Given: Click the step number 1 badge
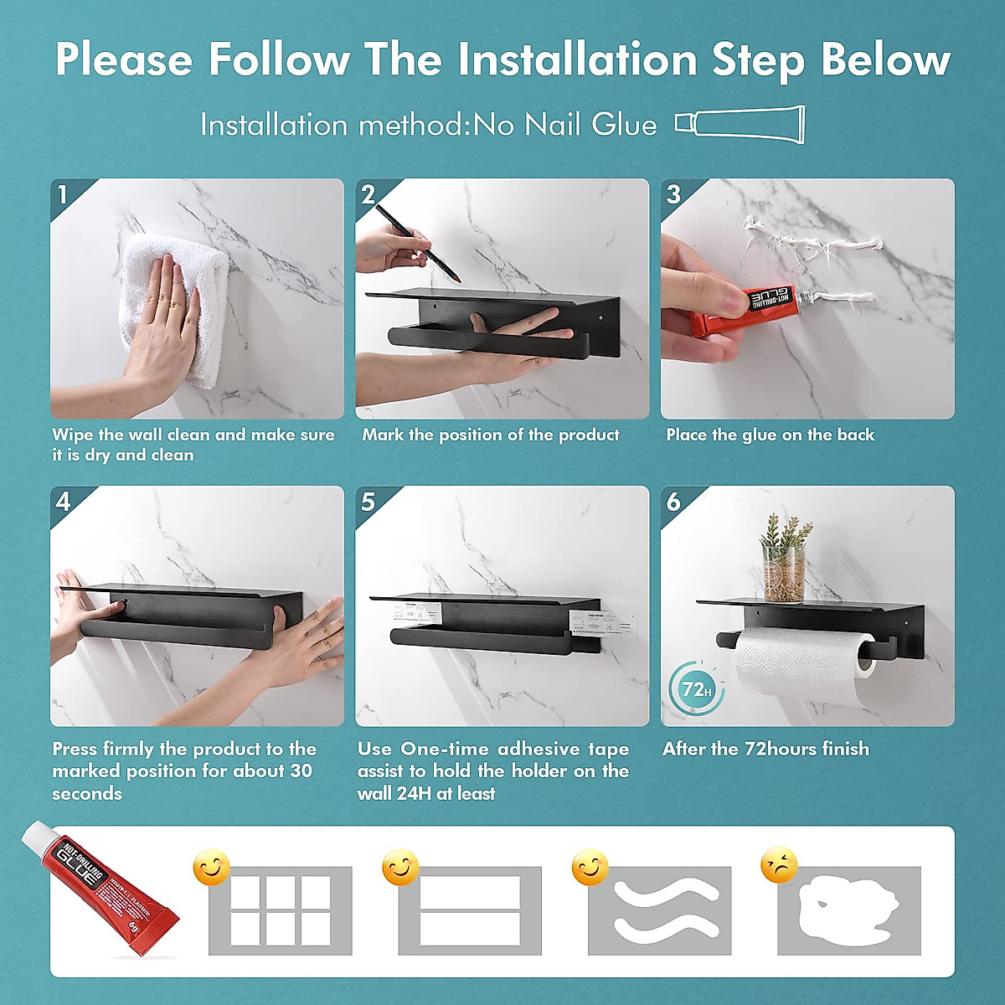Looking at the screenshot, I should pos(63,194).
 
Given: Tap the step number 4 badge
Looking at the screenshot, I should pos(63,501).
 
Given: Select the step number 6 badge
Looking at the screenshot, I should pos(673,501).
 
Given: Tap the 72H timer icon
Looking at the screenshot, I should pos(695,690).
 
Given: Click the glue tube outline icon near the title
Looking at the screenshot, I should pos(740,124).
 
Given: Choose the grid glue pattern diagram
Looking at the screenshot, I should pos(280,910).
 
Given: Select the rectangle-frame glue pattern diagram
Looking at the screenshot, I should pos(470,910).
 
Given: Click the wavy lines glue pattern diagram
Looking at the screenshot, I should pos(660,910).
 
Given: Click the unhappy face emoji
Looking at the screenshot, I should pos(779,866).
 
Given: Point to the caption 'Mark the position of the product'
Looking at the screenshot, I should pos(491,435).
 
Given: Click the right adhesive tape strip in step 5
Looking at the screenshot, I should pos(593,623).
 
